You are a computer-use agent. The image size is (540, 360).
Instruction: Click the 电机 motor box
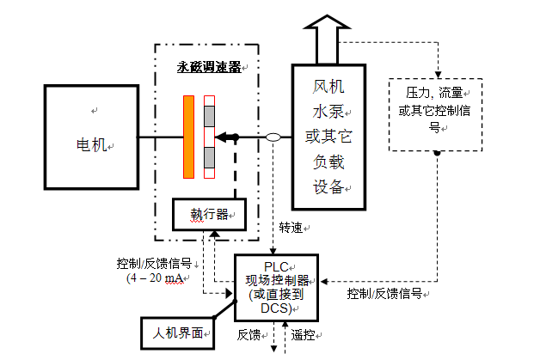click(90, 137)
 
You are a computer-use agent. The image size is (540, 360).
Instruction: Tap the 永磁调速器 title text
click(207, 66)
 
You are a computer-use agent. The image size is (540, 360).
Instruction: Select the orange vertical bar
click(188, 137)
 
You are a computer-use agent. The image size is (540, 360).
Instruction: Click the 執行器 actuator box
click(206, 214)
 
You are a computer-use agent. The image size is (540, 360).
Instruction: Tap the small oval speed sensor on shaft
click(273, 137)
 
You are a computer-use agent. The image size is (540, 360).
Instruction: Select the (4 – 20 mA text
click(155, 278)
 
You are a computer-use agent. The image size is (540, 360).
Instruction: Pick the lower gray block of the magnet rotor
click(209, 157)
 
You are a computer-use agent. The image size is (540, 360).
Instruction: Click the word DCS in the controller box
click(276, 308)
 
